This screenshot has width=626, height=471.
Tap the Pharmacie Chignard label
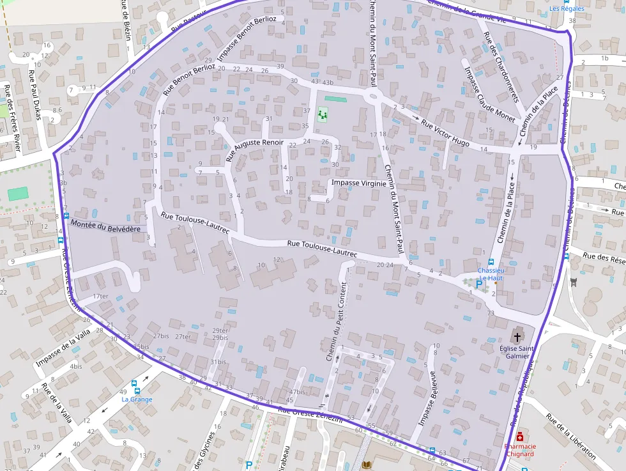(x=519, y=450)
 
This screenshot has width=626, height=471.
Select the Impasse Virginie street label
(x=358, y=183)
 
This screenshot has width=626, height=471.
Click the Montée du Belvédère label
(x=106, y=226)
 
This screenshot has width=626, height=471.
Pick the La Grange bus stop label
(x=136, y=399)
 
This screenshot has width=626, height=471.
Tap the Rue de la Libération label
(x=571, y=437)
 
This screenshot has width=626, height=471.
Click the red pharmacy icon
(x=520, y=436)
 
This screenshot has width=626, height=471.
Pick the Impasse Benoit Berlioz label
(x=247, y=38)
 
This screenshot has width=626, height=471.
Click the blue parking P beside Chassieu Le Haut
(x=478, y=284)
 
